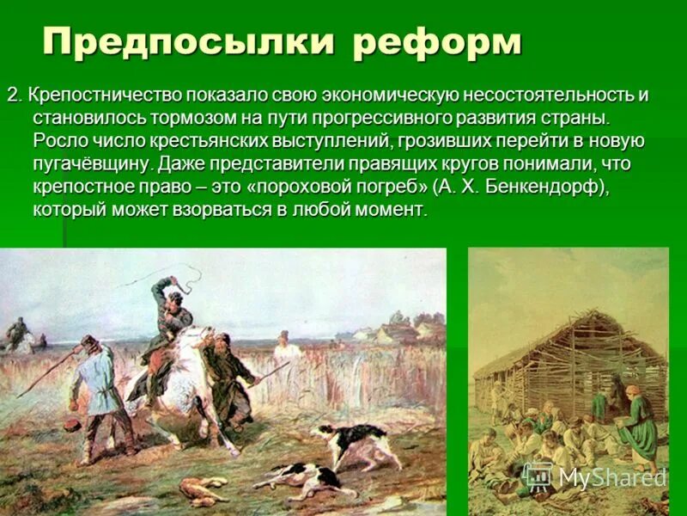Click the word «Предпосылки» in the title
pyautogui.click(x=188, y=42)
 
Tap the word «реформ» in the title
pyautogui.click(x=436, y=42)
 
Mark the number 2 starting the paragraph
pyautogui.click(x=12, y=94)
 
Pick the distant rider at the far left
pyautogui.click(x=17, y=333)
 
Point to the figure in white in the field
pyautogui.click(x=288, y=348)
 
